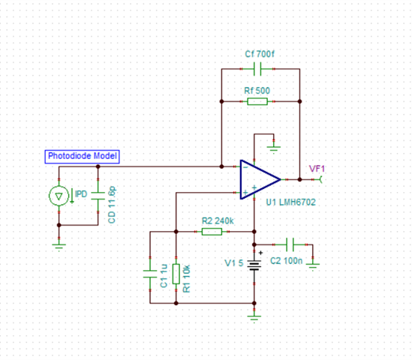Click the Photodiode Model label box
(82, 157)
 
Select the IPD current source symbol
(59, 196)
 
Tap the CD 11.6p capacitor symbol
(98, 196)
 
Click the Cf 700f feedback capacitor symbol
(257, 69)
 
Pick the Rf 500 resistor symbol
(257, 101)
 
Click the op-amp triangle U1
(260, 179)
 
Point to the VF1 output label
(317, 169)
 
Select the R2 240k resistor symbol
(212, 232)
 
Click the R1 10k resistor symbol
(176, 274)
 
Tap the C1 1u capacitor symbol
(150, 274)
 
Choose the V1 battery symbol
(254, 265)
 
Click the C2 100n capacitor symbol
(290, 244)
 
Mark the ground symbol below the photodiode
(59, 247)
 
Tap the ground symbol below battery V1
(254, 319)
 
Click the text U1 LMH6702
(291, 202)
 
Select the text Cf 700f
(260, 54)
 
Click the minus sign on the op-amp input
(245, 167)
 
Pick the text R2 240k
(218, 220)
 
